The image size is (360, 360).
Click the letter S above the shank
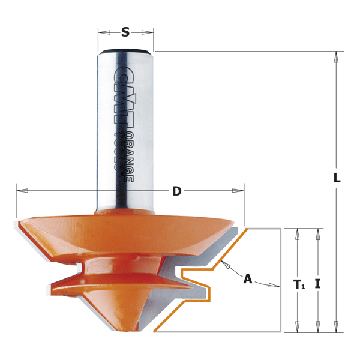125,32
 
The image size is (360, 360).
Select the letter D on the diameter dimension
176,191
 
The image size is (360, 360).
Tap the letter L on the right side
337,178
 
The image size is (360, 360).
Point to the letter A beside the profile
247,278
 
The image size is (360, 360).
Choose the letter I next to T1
317,284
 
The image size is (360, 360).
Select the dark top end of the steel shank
125,51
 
